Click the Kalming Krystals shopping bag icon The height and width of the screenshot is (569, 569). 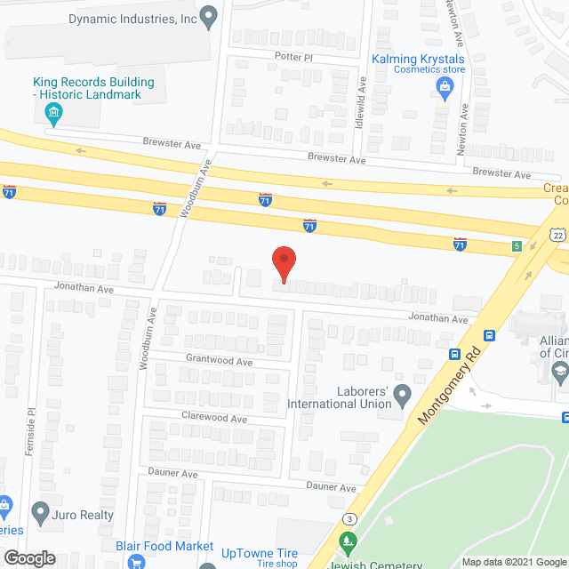(x=444, y=86)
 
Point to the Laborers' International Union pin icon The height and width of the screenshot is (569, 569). (x=402, y=392)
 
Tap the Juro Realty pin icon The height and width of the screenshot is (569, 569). (x=40, y=512)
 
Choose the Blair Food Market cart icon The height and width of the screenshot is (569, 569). (x=136, y=561)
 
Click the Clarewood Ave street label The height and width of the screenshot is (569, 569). (x=214, y=418)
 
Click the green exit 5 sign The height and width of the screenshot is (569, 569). (x=516, y=246)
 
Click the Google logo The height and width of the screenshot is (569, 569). (x=28, y=558)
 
